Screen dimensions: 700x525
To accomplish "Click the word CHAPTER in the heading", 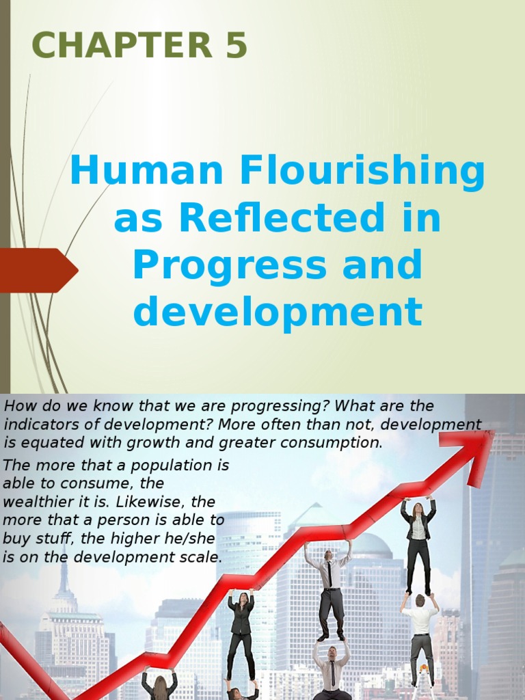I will pos(120,46).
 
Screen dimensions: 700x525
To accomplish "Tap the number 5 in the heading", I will pos(234,46).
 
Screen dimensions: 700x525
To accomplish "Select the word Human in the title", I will pos(148,172).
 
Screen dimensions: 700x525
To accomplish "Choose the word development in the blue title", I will pos(278,312).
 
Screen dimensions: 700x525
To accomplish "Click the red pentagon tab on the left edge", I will pos(38,270).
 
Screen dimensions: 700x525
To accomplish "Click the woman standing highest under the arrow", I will pos(417,543).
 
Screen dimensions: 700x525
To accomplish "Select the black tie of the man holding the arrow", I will pos(329,574).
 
